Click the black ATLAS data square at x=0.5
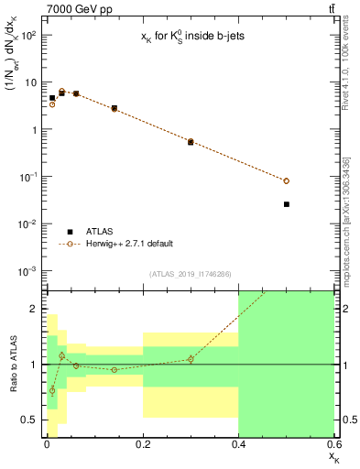pyautogui.click(x=287, y=204)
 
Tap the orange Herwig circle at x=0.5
pyautogui.click(x=287, y=181)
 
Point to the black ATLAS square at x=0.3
pyautogui.click(x=191, y=142)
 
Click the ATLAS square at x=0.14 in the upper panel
pyautogui.click(x=114, y=108)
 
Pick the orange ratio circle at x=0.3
pyautogui.click(x=191, y=359)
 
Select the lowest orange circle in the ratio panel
pyautogui.click(x=52, y=390)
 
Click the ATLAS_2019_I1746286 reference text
pyautogui.click(x=191, y=274)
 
